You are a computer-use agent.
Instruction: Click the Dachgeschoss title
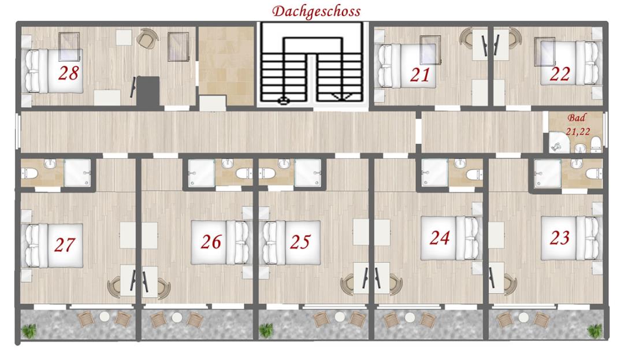pyautogui.click(x=317, y=12)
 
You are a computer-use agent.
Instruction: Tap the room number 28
pyautogui.click(x=68, y=73)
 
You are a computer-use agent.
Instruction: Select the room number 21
pyautogui.click(x=420, y=75)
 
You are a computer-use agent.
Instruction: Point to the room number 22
pyautogui.click(x=560, y=74)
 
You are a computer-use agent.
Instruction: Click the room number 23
pyautogui.click(x=559, y=238)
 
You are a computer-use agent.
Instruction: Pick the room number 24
pyautogui.click(x=440, y=238)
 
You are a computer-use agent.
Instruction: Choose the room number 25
pyautogui.click(x=300, y=242)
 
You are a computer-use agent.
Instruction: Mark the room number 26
pyautogui.click(x=211, y=242)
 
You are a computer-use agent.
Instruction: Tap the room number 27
pyautogui.click(x=65, y=245)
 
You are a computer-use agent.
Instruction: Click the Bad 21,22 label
pyautogui.click(x=577, y=124)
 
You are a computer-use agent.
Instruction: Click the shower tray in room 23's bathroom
pyautogui.click(x=547, y=173)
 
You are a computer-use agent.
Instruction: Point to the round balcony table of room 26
pyautogui.click(x=177, y=317)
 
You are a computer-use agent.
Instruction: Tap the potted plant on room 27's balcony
pyautogui.click(x=29, y=330)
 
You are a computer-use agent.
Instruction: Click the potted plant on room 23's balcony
pyautogui.click(x=595, y=330)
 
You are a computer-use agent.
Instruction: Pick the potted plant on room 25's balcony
pyautogui.click(x=266, y=330)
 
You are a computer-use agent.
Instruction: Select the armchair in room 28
pyautogui.click(x=148, y=38)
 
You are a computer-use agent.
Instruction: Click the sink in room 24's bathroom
pyautogui.click(x=460, y=164)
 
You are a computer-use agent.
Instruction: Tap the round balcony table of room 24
pyautogui.click(x=410, y=317)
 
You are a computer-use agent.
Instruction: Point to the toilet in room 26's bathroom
pyautogui.click(x=244, y=173)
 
